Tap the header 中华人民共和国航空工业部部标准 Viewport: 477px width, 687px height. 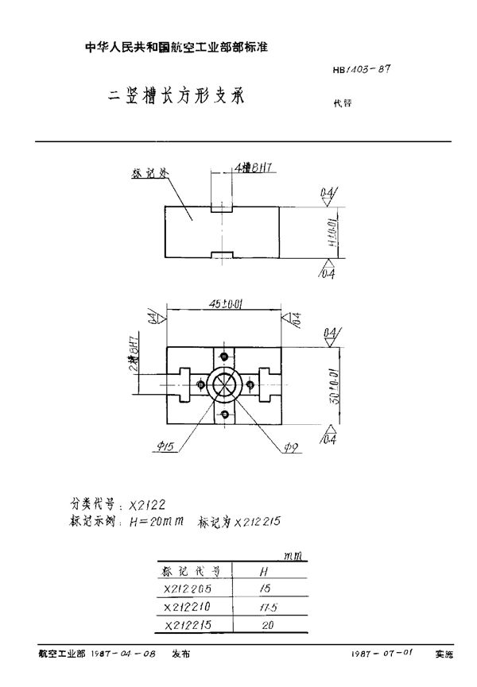pyautogui.click(x=176, y=48)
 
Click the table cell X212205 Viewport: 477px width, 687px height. pyautogui.click(x=189, y=589)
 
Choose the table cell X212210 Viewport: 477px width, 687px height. pyautogui.click(x=189, y=608)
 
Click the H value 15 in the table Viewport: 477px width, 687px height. pyautogui.click(x=266, y=589)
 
